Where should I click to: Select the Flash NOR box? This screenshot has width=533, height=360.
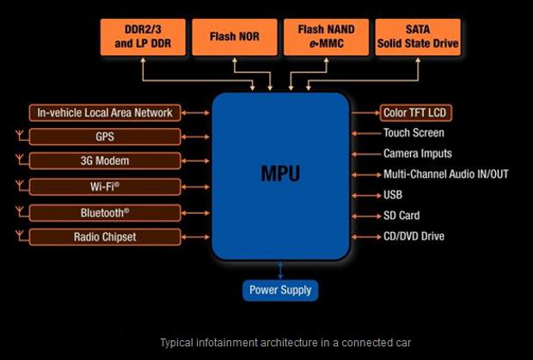click(234, 37)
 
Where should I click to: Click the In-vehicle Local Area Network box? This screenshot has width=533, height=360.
click(105, 113)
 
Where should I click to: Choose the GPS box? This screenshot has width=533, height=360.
click(105, 137)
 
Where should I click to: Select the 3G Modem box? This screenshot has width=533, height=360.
click(105, 161)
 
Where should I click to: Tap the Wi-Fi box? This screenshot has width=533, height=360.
click(105, 186)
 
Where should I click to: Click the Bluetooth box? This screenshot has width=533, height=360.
click(105, 211)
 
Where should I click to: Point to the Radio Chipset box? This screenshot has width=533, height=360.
click(105, 235)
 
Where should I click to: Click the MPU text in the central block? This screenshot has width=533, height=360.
click(280, 174)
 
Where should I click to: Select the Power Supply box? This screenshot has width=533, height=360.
click(280, 290)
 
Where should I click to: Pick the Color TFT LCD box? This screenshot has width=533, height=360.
click(415, 113)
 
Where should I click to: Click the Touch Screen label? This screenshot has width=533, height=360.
click(414, 133)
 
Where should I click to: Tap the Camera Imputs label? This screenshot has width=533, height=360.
click(418, 154)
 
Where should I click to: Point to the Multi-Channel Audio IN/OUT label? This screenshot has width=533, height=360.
click(445, 174)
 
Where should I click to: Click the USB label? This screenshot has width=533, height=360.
click(393, 195)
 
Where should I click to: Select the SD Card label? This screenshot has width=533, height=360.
click(401, 216)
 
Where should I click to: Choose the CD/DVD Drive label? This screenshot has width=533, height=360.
click(414, 236)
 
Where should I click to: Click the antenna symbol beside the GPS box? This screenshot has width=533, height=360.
click(20, 136)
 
